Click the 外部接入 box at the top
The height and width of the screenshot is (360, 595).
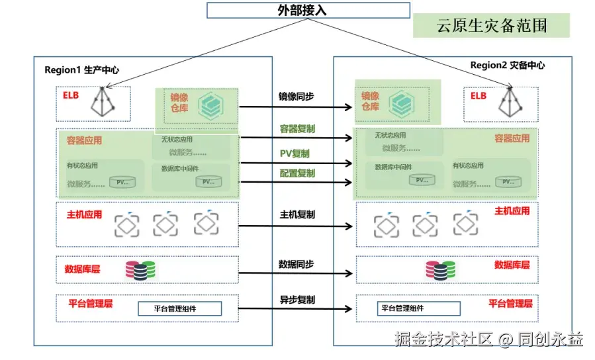[301, 10]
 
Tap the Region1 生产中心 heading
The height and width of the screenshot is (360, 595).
[81, 69]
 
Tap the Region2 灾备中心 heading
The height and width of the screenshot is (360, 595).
[508, 65]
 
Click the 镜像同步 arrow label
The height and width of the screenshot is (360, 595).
[296, 97]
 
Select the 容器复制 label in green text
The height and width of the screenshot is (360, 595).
[297, 128]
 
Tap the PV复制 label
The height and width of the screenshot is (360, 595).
[295, 154]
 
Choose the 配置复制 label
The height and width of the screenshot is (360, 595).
[297, 173]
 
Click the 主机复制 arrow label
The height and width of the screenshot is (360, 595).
[297, 214]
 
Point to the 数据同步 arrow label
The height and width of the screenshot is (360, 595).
[296, 264]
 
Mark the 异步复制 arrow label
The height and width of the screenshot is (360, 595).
[297, 300]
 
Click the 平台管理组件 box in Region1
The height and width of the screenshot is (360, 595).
[179, 308]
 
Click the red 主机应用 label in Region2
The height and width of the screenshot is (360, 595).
[512, 211]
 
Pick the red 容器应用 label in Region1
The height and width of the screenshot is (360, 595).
[84, 140]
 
